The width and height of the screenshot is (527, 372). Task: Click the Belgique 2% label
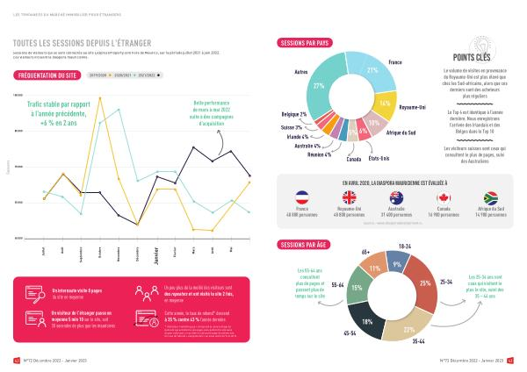pyautogui.click(x=293, y=115)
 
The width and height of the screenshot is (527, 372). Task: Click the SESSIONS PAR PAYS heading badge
pyautogui.click(x=304, y=42)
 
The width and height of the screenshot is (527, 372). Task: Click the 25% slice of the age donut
pyautogui.click(x=426, y=283)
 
